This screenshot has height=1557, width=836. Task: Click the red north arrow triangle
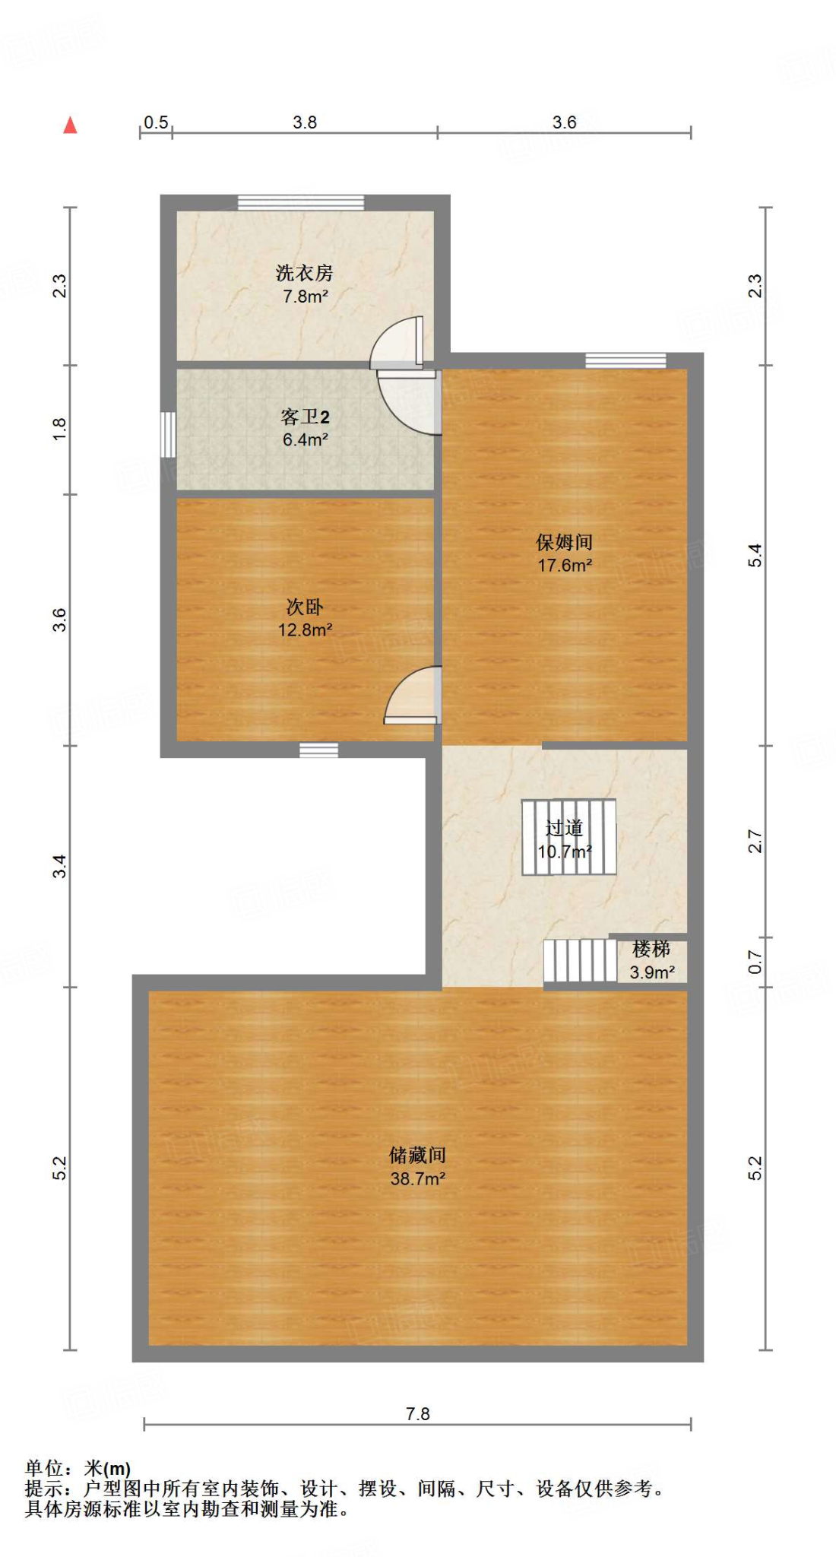tap(70, 125)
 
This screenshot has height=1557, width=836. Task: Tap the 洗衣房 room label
tap(304, 272)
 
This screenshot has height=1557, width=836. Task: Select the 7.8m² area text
tap(306, 296)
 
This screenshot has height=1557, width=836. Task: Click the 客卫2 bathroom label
tap(305, 417)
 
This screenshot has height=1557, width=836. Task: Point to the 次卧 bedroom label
tap(305, 607)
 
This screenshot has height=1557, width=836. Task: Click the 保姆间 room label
tap(564, 542)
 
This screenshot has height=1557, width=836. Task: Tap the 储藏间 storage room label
tap(417, 1156)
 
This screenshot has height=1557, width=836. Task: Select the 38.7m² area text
tap(417, 1179)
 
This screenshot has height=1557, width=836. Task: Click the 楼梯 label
tap(651, 949)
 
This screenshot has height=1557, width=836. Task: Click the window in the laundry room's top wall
tap(301, 203)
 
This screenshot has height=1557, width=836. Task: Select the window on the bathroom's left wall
tap(168, 434)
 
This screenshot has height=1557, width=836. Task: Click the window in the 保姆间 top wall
tap(625, 360)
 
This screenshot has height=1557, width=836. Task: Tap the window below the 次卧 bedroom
tap(318, 750)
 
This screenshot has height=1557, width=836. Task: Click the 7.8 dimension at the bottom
tap(417, 1414)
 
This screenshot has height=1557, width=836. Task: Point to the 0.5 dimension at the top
tap(156, 122)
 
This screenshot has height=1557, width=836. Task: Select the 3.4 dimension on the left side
tap(60, 867)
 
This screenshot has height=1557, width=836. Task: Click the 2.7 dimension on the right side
tap(755, 841)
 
